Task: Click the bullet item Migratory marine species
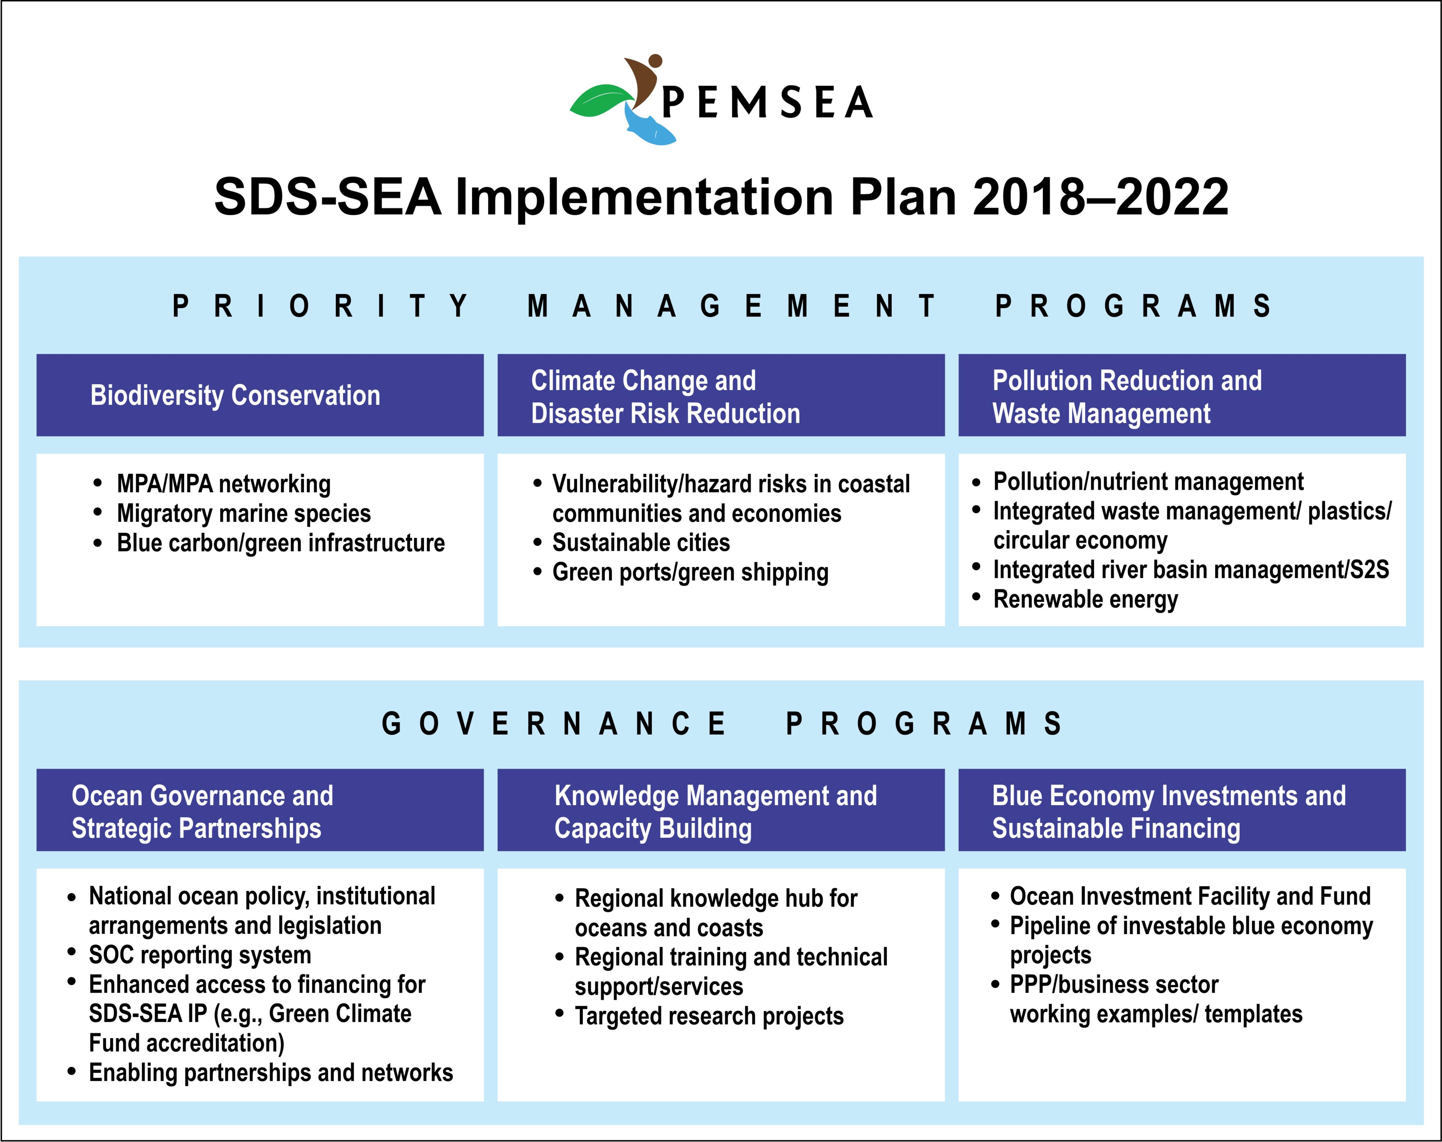click(x=243, y=513)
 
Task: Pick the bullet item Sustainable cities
click(x=641, y=542)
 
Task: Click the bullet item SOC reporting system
click(x=200, y=955)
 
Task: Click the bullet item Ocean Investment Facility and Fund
click(x=1190, y=896)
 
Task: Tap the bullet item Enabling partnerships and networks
click(x=271, y=1072)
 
